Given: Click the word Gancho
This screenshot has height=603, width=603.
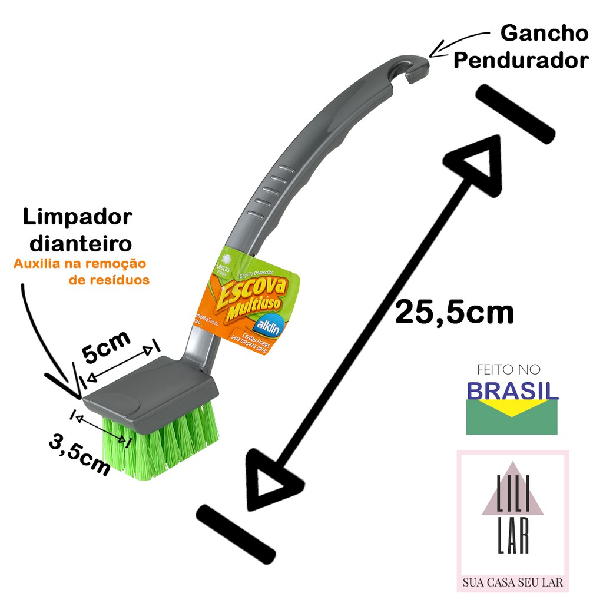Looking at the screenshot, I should click(544, 34).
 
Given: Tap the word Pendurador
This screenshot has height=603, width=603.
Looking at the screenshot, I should click(521, 60).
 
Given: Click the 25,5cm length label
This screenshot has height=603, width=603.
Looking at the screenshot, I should click(454, 312).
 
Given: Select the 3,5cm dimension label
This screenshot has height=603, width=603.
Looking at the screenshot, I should click(80, 454).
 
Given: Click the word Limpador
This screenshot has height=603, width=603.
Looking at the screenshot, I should click(77, 217).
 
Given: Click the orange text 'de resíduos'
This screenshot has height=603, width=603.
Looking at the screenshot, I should click(109, 280).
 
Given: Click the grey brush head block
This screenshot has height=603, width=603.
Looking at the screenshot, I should click(150, 386).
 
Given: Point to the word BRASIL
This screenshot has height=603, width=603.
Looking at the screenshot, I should click(512, 390).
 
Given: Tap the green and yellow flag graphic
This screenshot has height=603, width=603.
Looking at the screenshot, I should click(511, 418).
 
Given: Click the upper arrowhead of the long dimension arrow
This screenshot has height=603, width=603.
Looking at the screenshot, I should click(477, 168).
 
